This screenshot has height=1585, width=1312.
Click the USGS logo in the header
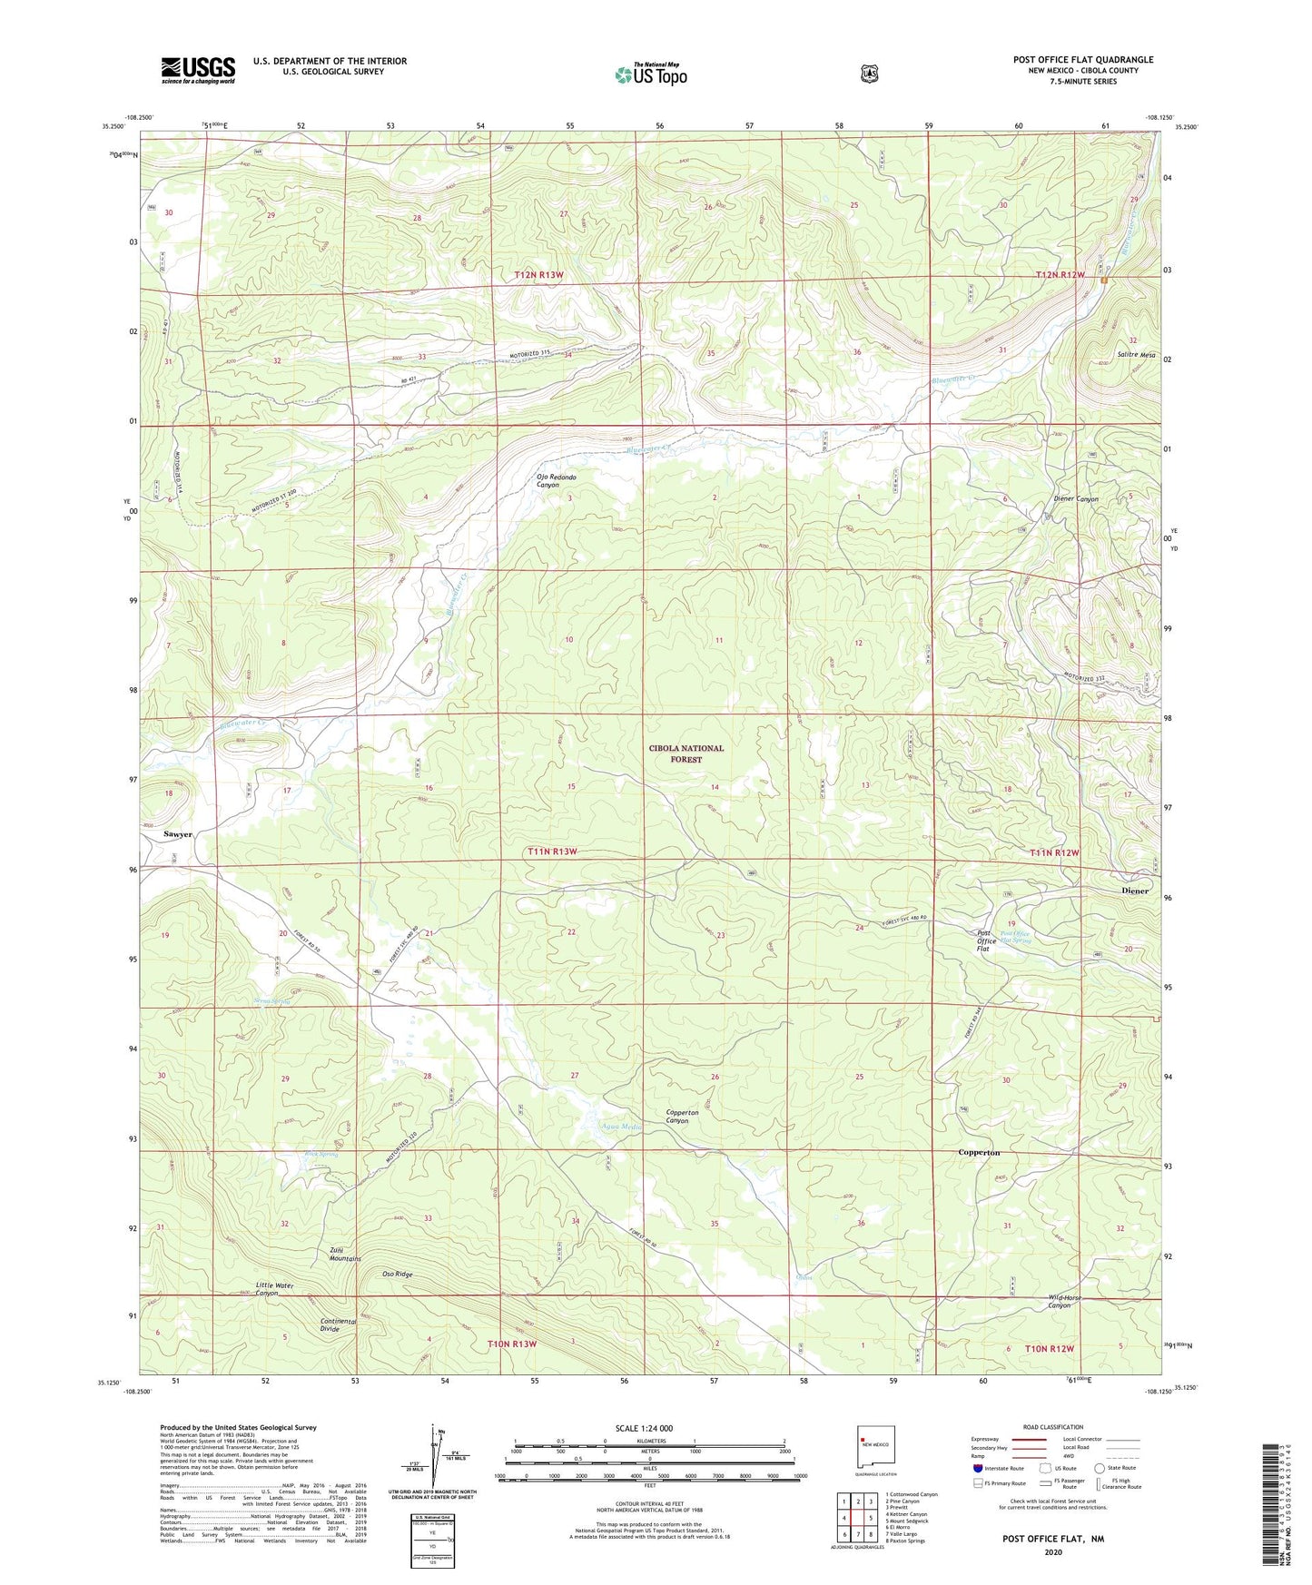198,70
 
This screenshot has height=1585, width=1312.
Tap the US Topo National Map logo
650,74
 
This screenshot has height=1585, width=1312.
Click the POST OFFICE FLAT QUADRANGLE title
1082,60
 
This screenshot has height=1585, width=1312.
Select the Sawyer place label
178,833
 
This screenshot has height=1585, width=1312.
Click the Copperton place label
979,1152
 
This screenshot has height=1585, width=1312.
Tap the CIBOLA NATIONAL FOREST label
686,753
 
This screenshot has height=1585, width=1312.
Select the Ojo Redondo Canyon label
556,480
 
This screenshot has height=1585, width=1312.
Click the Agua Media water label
621,1127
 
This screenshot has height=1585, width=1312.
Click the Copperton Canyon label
682,1116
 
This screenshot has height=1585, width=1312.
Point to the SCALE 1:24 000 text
644,1428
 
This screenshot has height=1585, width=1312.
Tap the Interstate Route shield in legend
977,1467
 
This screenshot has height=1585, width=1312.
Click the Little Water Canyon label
275,1289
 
